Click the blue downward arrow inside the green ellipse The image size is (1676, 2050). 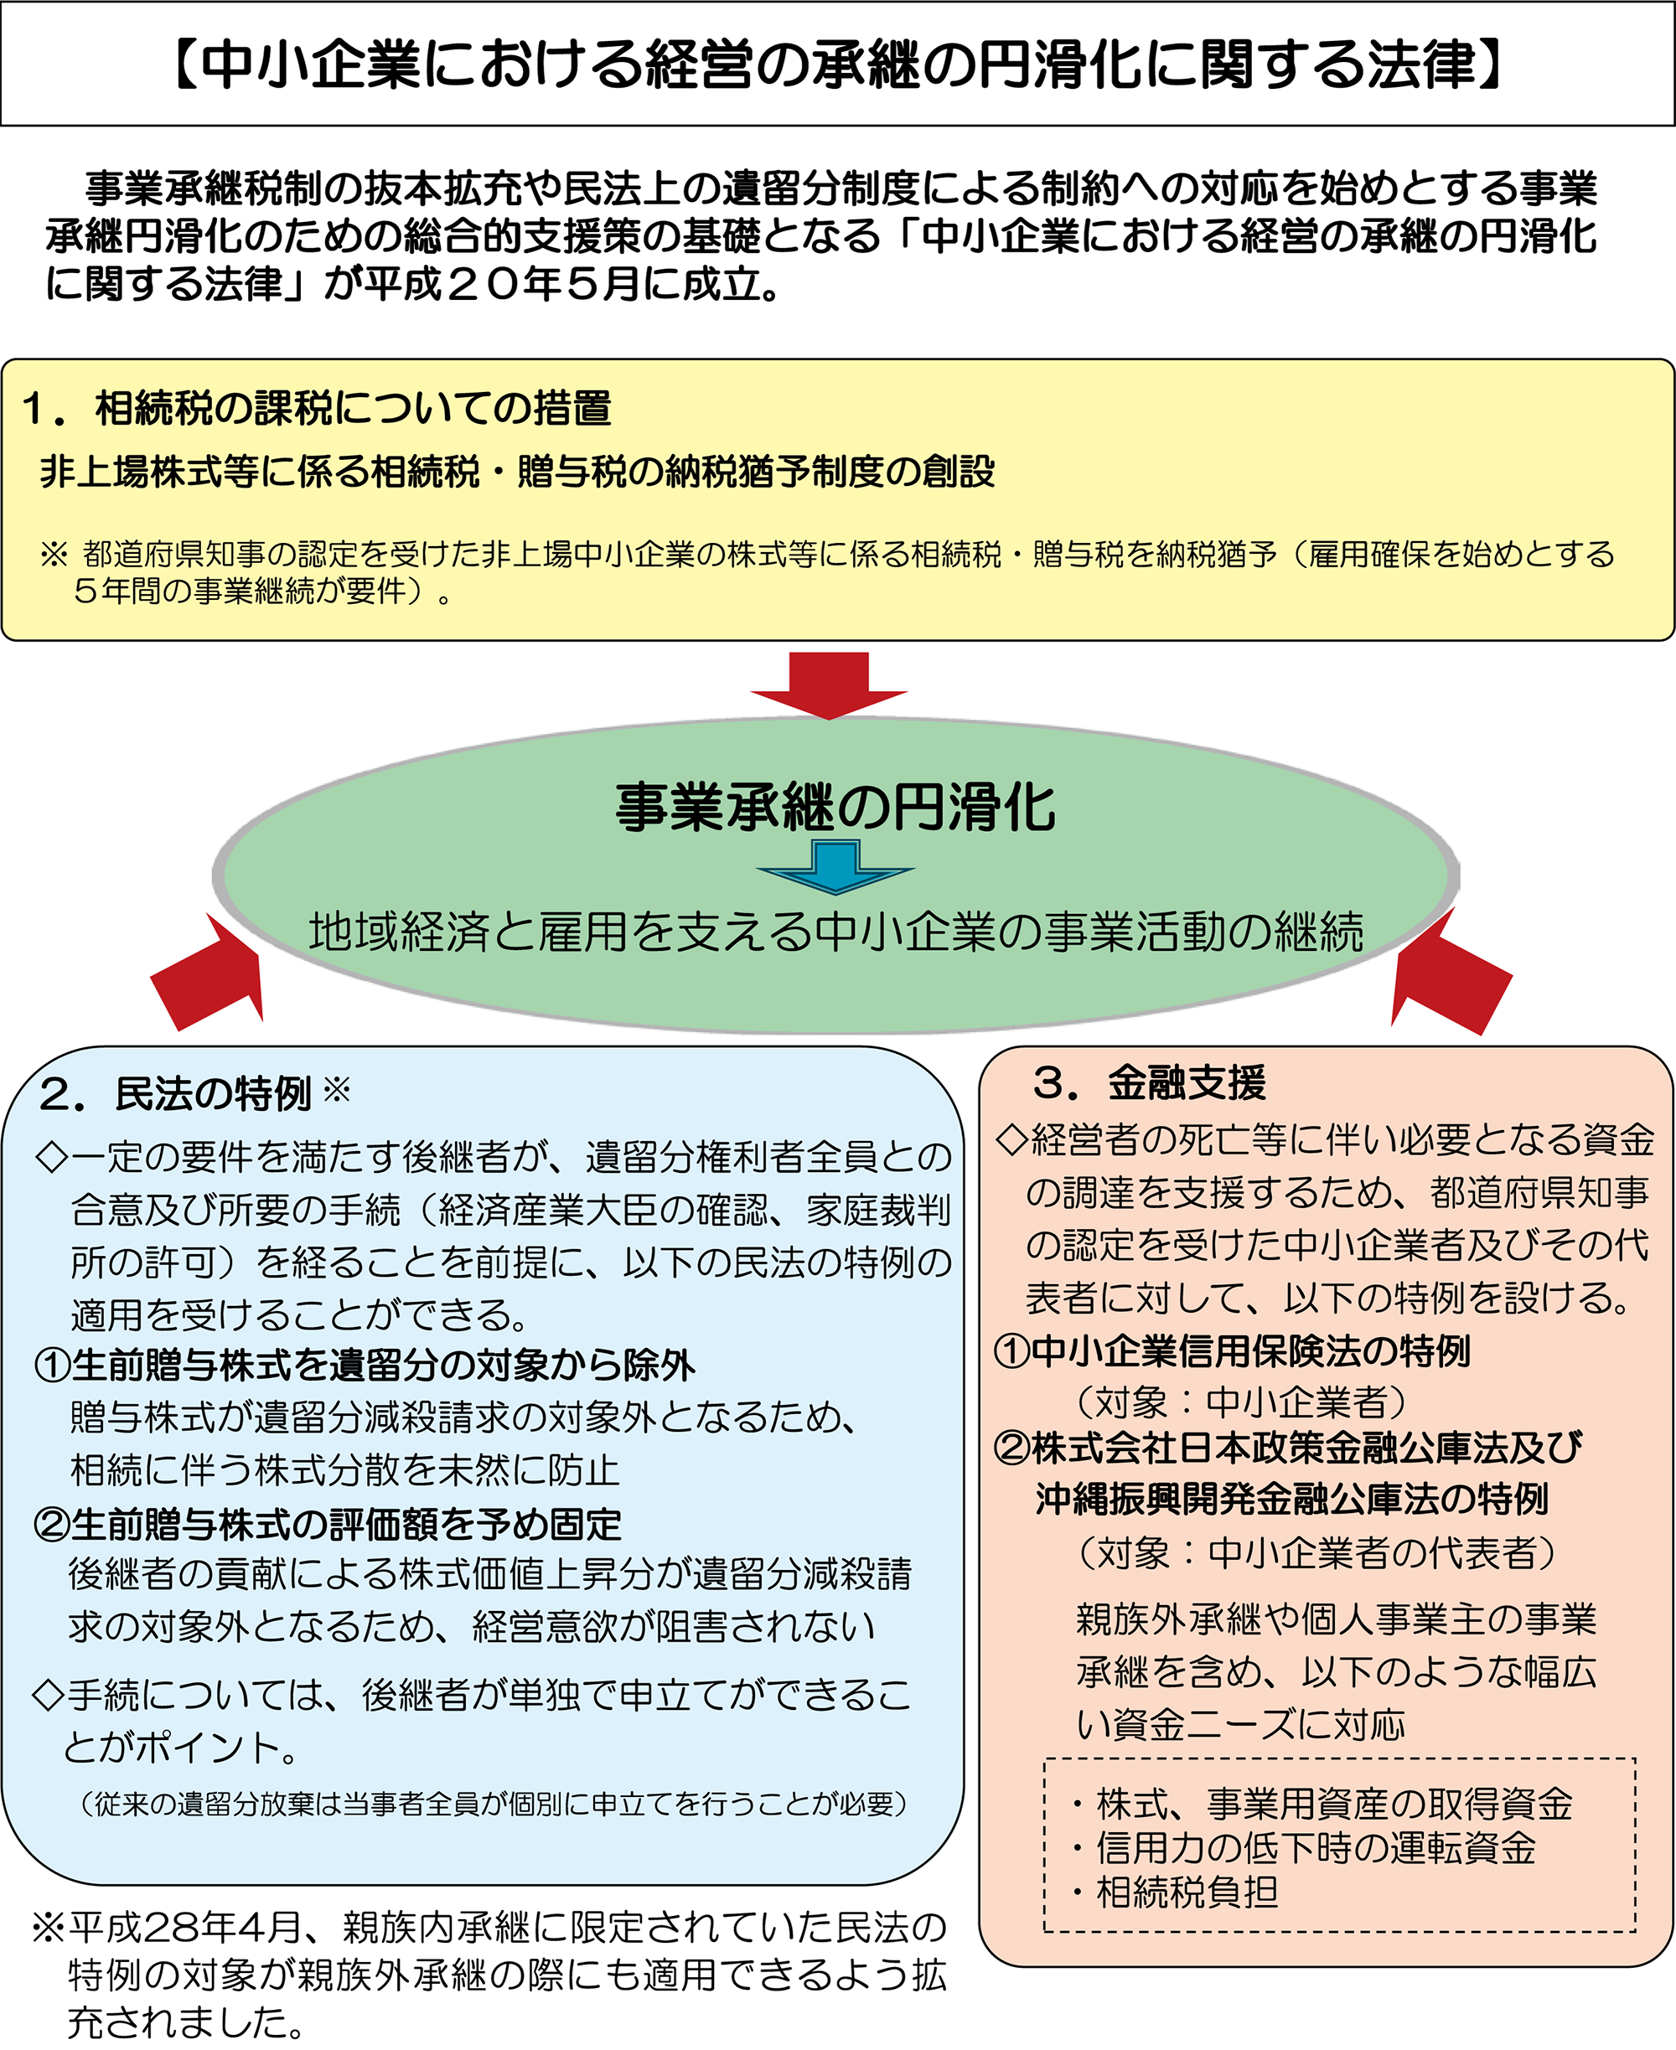[x=835, y=865]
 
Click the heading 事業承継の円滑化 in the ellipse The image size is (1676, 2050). [x=836, y=807]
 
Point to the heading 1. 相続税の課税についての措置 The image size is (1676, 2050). [x=317, y=408]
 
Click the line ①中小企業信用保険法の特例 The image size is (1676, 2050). [x=1232, y=1351]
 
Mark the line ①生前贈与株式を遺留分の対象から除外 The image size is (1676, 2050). [x=365, y=1365]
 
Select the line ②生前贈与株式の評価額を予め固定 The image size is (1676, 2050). [x=328, y=1524]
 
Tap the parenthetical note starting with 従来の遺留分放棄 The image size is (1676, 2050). [x=494, y=1803]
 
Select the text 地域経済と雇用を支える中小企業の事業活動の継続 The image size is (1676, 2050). [x=836, y=932]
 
